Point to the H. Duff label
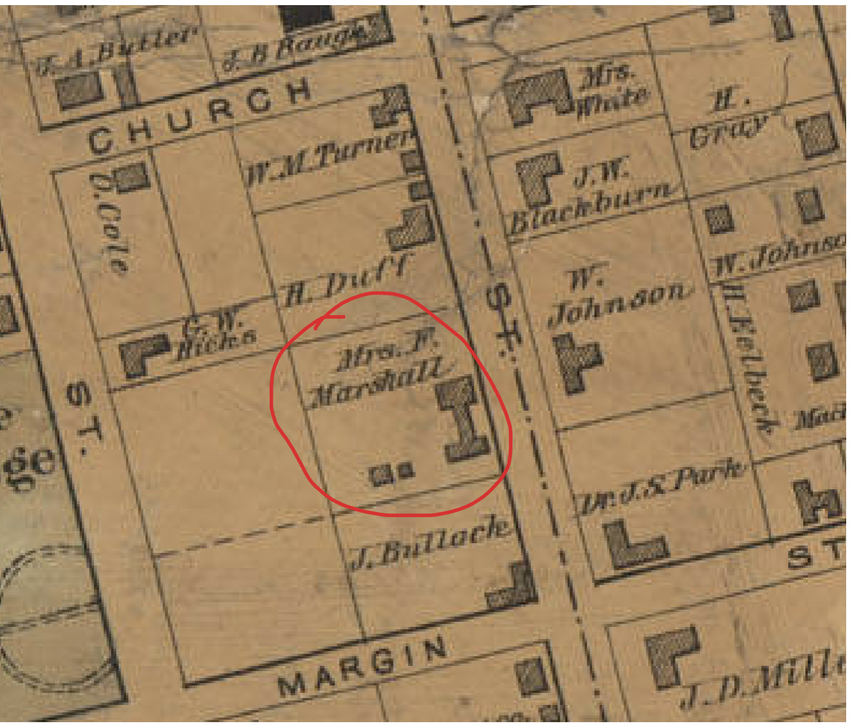pyautogui.click(x=346, y=281)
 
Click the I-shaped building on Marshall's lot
pyautogui.click(x=463, y=419)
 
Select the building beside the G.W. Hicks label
pyautogui.click(x=144, y=355)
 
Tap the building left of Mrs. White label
pyautogui.click(x=537, y=96)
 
